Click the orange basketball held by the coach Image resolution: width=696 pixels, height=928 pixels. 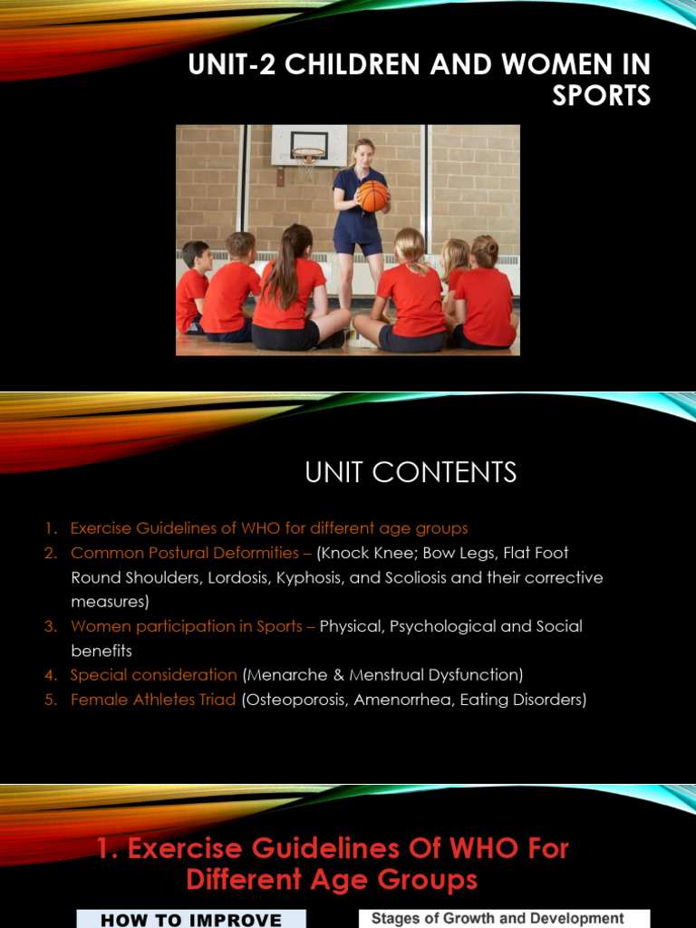(372, 195)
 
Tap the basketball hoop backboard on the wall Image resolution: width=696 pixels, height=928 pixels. (309, 145)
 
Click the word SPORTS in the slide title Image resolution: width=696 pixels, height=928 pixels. (602, 96)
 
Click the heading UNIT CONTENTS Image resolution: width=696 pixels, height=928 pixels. (411, 472)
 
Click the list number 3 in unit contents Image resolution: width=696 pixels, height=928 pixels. (52, 626)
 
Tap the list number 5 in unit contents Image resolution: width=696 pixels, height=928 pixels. (52, 700)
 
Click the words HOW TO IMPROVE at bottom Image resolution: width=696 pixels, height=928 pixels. (191, 920)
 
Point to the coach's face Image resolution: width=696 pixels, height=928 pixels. (364, 154)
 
